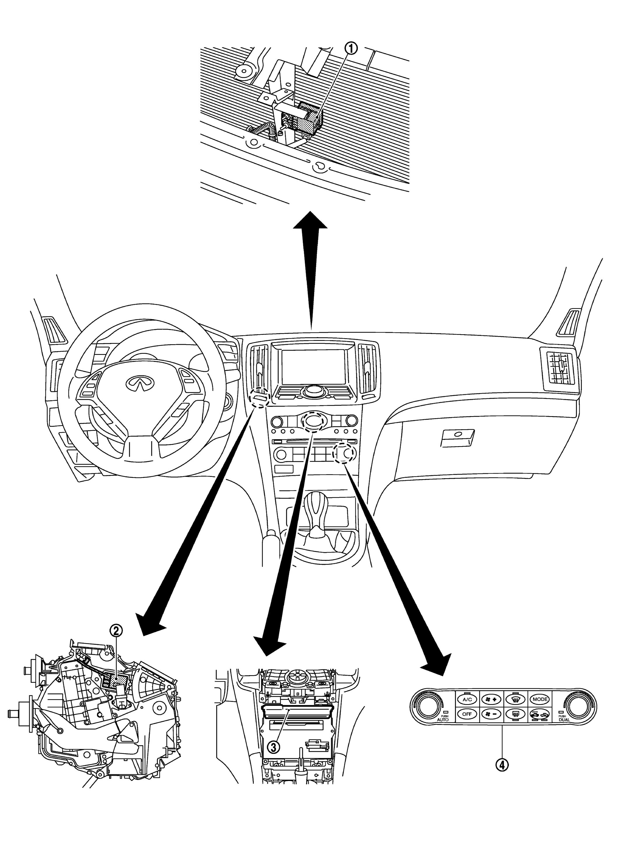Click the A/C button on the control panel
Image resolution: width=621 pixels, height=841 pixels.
tap(467, 699)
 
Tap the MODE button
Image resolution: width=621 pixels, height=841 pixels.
tap(540, 699)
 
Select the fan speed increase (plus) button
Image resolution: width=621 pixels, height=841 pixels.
tap(491, 699)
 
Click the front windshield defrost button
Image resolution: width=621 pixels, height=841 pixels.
tap(516, 699)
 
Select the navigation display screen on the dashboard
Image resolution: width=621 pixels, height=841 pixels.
tap(313, 367)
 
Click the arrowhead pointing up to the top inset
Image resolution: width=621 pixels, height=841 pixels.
tap(310, 221)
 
